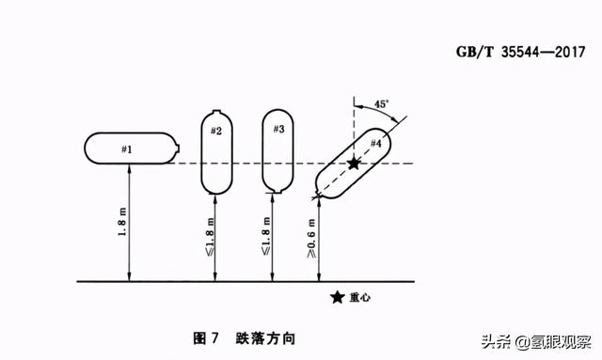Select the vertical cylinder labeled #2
pyautogui.click(x=216, y=150)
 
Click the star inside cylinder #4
pyautogui.click(x=354, y=164)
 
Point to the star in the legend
pyautogui.click(x=337, y=298)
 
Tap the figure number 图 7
pyautogui.click(x=206, y=337)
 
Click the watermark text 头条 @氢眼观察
pyautogui.click(x=537, y=339)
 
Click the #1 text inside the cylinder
pyautogui.click(x=127, y=149)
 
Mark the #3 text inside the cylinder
pyautogui.click(x=278, y=129)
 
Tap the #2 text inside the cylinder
pyautogui.click(x=215, y=131)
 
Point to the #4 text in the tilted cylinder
pyautogui.click(x=375, y=143)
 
